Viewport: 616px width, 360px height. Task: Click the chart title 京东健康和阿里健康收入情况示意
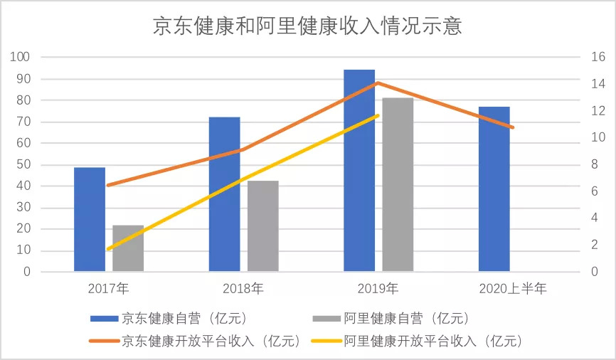pyautogui.click(x=307, y=26)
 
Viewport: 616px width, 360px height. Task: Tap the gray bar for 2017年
pyautogui.click(x=128, y=248)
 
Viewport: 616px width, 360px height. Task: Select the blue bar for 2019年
pyautogui.click(x=359, y=171)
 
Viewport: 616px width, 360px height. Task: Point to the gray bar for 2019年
pyautogui.click(x=398, y=185)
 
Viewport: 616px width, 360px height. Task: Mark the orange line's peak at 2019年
pyautogui.click(x=378, y=83)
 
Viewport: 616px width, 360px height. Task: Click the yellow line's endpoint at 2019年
pyautogui.click(x=378, y=115)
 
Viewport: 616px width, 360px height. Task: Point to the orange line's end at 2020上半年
pyautogui.click(x=512, y=127)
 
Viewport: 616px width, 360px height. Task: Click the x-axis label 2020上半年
pyautogui.click(x=512, y=289)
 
